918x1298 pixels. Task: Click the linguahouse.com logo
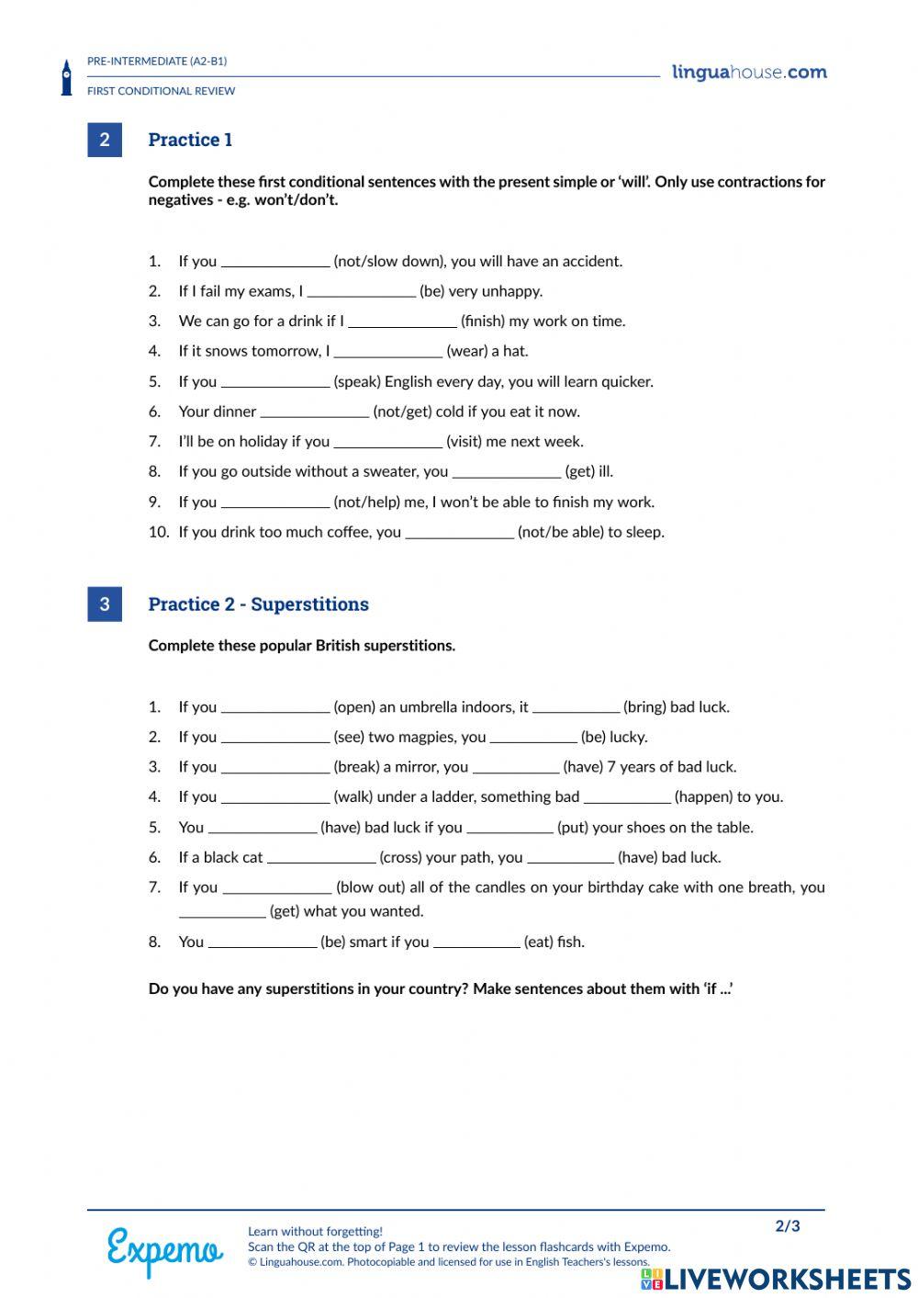(749, 73)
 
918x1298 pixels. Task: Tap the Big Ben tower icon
(66, 78)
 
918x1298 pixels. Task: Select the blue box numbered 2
(105, 140)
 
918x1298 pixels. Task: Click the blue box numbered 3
(105, 604)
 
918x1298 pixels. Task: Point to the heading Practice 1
(190, 140)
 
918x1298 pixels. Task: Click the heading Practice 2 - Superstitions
(258, 604)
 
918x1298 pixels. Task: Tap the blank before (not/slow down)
(275, 262)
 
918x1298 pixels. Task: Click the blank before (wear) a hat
(388, 352)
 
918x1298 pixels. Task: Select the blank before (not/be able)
(459, 533)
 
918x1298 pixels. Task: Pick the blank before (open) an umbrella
(275, 707)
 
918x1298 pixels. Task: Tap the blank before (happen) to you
(627, 797)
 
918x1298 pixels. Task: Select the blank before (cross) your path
(321, 858)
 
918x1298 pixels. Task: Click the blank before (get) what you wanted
(222, 912)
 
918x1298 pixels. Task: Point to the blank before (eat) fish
(476, 942)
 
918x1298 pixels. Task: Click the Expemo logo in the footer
(164, 1250)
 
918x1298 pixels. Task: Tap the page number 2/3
(788, 1226)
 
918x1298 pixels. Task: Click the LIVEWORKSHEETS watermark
(776, 1279)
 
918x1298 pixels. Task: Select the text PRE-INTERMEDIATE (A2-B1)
(157, 62)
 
